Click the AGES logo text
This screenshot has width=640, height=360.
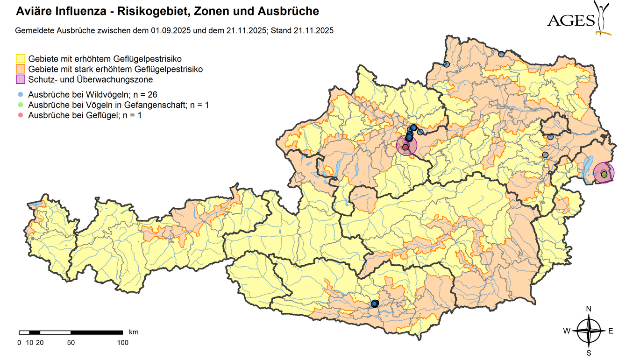571,21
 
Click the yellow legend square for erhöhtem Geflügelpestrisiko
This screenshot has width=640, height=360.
21,59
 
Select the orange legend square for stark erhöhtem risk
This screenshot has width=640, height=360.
21,69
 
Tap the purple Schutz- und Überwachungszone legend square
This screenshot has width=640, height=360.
21,79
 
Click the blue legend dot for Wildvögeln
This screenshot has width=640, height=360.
21,95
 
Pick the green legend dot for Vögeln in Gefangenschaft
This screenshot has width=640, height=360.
21,105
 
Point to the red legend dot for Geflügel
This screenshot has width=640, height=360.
21,115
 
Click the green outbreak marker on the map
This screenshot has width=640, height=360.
604,174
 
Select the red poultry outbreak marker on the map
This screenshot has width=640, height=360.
405,147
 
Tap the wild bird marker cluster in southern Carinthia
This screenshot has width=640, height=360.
374,304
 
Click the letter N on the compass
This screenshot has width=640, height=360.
589,309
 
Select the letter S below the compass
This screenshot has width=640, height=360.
589,353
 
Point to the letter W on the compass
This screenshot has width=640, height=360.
566,331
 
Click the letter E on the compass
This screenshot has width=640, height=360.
611,331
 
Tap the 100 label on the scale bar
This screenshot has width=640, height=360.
122,343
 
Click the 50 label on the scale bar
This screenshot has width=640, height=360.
71,343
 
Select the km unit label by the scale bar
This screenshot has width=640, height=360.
134,332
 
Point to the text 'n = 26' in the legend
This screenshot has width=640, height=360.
144,95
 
